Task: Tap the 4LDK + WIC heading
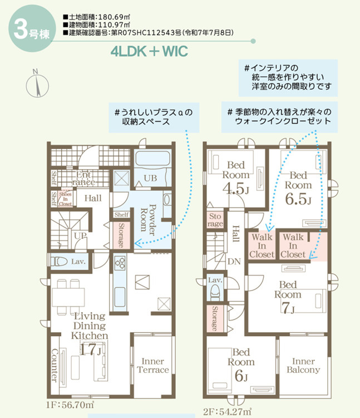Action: pyautogui.click(x=149, y=51)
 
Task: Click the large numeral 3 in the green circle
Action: pyautogui.click(x=21, y=29)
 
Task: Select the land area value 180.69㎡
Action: pyautogui.click(x=114, y=17)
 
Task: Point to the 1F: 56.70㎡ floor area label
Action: pyautogui.click(x=70, y=405)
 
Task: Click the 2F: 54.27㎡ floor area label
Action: pyautogui.click(x=228, y=412)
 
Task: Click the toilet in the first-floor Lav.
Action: pyautogui.click(x=59, y=262)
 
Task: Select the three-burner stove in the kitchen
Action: pyautogui.click(x=120, y=262)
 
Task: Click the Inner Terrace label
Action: pyautogui.click(x=152, y=366)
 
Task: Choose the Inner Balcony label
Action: pyautogui.click(x=303, y=366)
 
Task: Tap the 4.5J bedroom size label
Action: pyautogui.click(x=236, y=189)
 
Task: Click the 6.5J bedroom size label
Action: pyautogui.click(x=298, y=199)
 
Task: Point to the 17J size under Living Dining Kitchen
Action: pyautogui.click(x=90, y=349)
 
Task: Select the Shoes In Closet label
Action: pyautogui.click(x=65, y=199)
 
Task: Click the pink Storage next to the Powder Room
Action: pyautogui.click(x=121, y=235)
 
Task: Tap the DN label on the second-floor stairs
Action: pyautogui.click(x=234, y=262)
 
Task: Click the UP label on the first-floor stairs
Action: pyautogui.click(x=80, y=235)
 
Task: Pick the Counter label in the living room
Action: pyautogui.click(x=54, y=365)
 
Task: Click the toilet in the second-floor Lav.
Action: pyautogui.click(x=215, y=292)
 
